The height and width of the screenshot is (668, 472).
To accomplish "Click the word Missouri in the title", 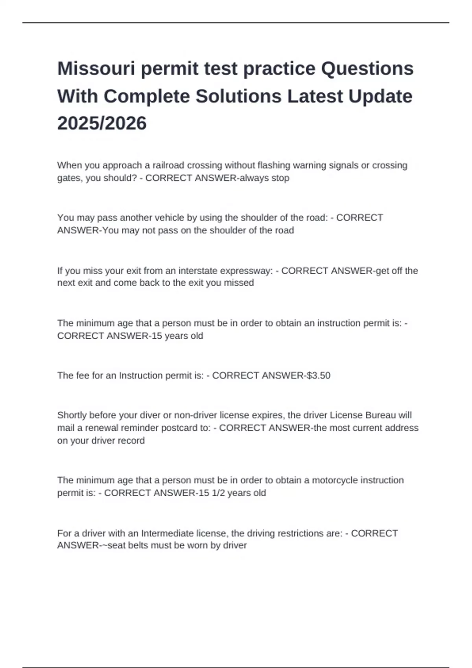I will pyautogui.click(x=96, y=69).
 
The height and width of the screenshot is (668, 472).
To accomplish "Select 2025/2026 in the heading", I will pyautogui.click(x=102, y=123).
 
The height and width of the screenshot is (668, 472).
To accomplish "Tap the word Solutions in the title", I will pyautogui.click(x=238, y=96).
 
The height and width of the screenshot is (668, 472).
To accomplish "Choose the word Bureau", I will pyautogui.click(x=380, y=415).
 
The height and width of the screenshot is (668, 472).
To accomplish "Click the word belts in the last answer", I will pyautogui.click(x=138, y=545).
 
